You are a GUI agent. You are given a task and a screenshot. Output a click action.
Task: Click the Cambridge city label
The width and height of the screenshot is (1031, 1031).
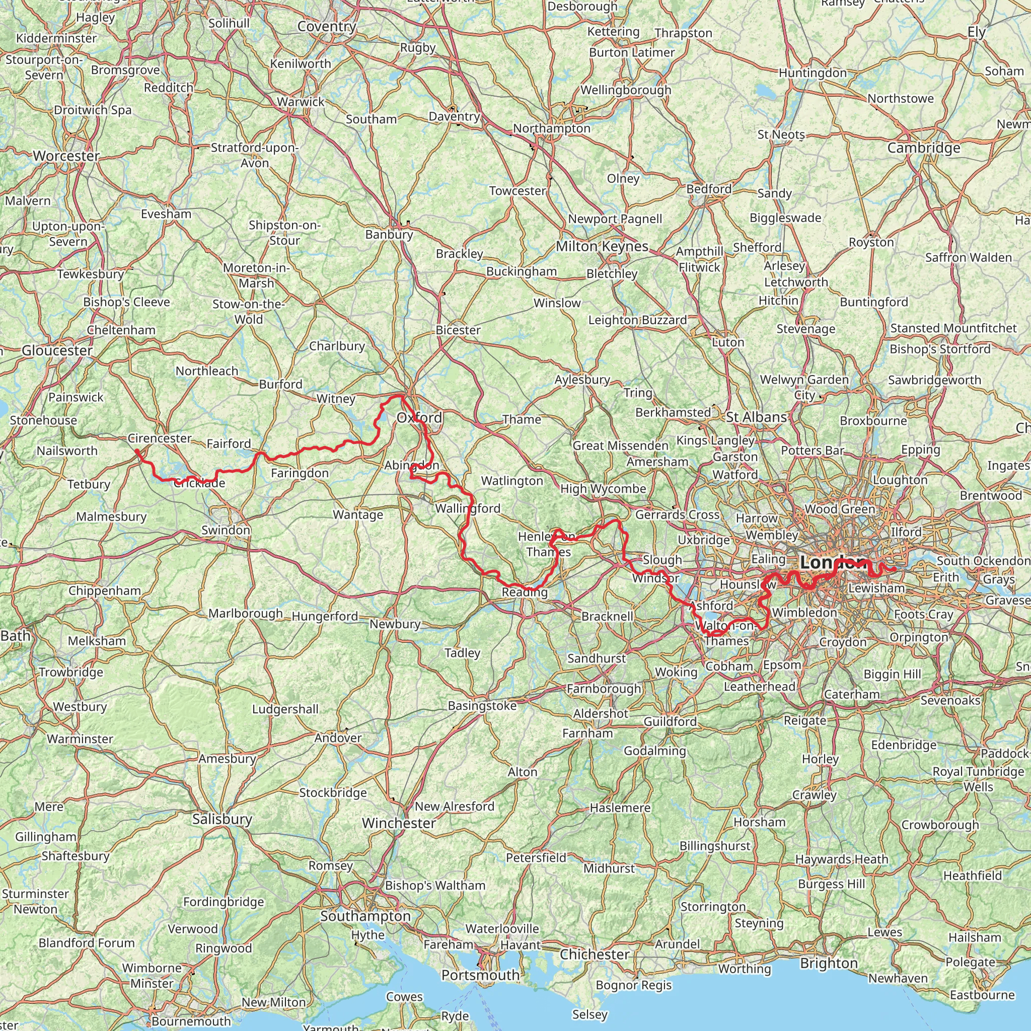click(924, 148)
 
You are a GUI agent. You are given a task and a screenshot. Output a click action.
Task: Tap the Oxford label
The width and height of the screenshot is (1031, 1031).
click(419, 417)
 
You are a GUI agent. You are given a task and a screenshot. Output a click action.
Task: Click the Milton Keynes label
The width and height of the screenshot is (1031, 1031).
click(602, 247)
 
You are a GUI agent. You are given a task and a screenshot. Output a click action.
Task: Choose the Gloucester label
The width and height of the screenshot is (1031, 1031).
click(57, 350)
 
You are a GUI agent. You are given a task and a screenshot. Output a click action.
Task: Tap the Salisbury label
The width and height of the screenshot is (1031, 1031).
click(222, 819)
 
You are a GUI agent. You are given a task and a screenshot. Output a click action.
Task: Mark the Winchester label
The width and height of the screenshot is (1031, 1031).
click(399, 824)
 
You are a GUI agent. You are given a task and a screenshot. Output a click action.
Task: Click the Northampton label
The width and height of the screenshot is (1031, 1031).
click(552, 128)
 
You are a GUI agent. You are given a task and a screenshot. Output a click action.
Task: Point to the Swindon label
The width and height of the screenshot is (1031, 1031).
click(226, 530)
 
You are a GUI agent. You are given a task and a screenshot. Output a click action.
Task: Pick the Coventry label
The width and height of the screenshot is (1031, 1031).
click(327, 27)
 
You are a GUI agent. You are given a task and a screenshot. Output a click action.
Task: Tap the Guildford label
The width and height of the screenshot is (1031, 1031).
click(670, 721)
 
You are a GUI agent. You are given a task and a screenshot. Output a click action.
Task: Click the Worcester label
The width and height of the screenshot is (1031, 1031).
click(66, 156)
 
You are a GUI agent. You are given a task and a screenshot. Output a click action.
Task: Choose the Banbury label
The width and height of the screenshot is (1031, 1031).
click(389, 234)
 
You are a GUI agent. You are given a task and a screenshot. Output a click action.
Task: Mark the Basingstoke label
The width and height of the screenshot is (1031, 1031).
click(482, 705)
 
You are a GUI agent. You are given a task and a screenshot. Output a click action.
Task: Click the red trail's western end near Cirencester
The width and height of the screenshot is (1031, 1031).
click(137, 452)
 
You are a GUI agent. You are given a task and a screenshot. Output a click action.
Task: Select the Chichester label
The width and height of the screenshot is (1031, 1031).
click(595, 954)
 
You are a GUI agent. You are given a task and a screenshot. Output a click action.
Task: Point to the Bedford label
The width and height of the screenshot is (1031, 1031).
click(709, 189)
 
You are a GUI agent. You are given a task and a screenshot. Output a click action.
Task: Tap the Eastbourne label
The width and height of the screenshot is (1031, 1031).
click(982, 995)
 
